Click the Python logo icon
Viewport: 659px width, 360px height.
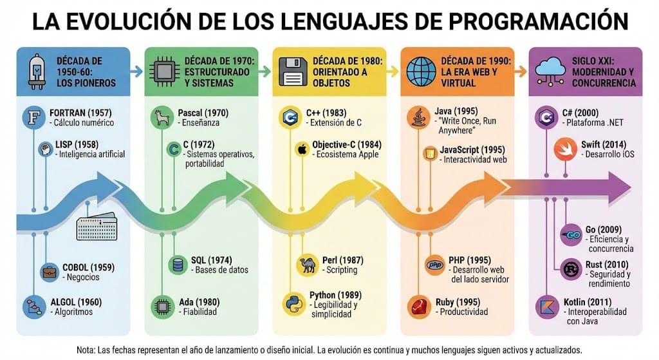click(x=293, y=303)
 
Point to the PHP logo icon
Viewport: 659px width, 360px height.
click(x=434, y=265)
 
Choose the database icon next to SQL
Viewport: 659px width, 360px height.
click(x=176, y=264)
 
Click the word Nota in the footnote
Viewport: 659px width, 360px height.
click(x=86, y=350)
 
